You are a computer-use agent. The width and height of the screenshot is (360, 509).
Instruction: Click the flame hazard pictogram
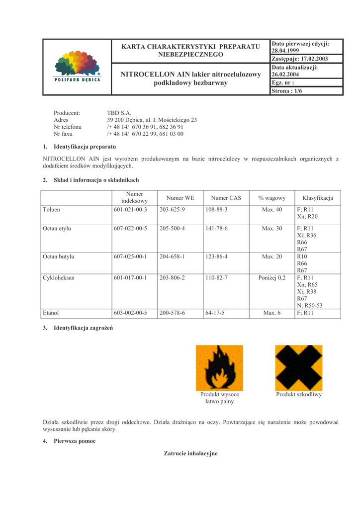219,368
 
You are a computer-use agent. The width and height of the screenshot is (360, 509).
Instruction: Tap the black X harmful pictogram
299,368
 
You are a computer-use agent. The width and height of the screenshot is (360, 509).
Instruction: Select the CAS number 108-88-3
216,210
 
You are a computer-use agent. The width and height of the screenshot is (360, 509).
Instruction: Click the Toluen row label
52,210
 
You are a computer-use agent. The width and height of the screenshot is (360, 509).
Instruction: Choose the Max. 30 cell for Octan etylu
272,229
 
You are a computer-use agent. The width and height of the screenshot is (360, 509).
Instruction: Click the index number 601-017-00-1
130,278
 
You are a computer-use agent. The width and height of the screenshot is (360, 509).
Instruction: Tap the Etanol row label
51,313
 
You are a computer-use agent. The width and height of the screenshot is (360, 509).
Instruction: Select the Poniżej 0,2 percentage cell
272,278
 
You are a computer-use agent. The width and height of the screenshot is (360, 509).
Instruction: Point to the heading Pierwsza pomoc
75,441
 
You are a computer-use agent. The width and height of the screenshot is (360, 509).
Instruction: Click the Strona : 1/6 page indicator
288,91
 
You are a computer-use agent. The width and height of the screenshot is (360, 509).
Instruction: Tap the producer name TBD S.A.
119,113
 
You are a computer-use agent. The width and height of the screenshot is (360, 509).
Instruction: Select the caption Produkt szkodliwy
299,395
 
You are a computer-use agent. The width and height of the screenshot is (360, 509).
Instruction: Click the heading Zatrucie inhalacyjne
191,453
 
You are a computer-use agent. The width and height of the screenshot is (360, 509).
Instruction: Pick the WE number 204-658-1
172,257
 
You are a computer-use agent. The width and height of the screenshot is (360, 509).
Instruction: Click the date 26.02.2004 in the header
285,75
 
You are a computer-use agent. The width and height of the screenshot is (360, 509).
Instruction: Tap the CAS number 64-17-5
215,313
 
